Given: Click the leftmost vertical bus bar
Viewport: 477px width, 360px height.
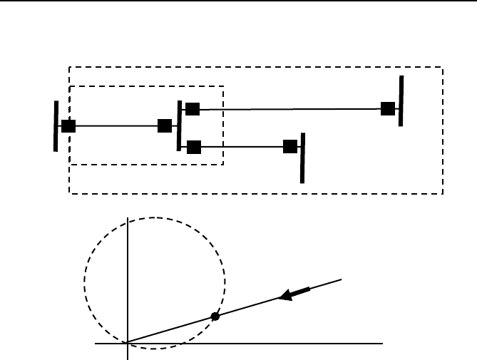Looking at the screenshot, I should point(56,126).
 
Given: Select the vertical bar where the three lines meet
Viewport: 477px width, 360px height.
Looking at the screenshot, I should point(179,125).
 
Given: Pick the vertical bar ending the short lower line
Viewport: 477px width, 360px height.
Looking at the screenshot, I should point(303,158).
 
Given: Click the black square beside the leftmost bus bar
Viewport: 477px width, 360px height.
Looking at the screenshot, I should point(68,126).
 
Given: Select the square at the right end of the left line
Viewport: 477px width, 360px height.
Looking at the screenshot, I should point(165,126).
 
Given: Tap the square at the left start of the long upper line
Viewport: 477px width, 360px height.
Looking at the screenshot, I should point(192,109).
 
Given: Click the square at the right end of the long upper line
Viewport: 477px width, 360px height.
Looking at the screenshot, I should point(387,108).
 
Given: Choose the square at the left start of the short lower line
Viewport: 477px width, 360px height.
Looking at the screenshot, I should point(193,148).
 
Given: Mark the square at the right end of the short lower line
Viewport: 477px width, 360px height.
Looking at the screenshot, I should point(289,147).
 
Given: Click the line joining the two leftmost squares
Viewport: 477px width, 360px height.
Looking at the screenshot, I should point(116,126).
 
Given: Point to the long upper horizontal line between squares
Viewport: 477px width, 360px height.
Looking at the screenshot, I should point(289,109).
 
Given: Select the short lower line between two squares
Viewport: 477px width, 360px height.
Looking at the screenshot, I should point(241,148).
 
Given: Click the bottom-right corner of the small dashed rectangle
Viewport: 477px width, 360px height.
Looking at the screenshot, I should point(224,165).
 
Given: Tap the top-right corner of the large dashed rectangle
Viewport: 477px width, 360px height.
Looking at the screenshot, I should point(443,68).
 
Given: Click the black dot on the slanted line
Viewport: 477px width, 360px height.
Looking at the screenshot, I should point(215,316).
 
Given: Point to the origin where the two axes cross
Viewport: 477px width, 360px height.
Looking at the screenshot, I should point(127,342).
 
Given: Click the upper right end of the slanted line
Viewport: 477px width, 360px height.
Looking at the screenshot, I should point(342,279).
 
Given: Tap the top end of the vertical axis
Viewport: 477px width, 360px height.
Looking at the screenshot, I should point(127,217).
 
